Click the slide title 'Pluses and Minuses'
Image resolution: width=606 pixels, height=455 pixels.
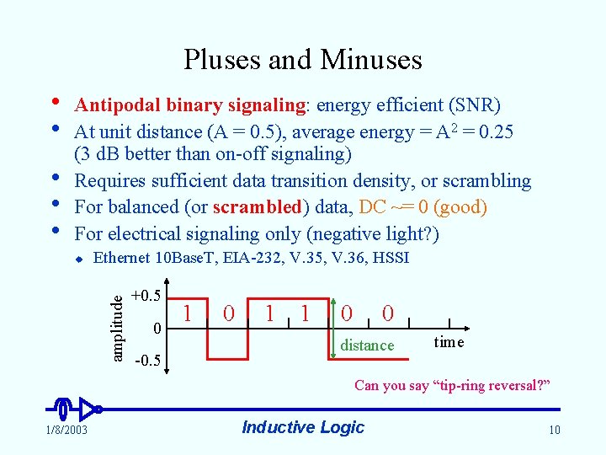[303, 59]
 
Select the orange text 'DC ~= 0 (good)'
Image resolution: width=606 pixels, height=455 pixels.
[423, 207]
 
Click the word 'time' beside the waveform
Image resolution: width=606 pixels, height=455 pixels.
[449, 341]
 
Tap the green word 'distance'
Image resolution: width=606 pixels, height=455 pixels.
[367, 345]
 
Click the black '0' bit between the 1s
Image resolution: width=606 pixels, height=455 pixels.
[229, 313]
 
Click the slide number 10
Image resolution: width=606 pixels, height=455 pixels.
[554, 431]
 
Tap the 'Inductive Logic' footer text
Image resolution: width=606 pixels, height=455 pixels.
[303, 427]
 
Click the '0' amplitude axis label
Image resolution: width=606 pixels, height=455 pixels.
[157, 327]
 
